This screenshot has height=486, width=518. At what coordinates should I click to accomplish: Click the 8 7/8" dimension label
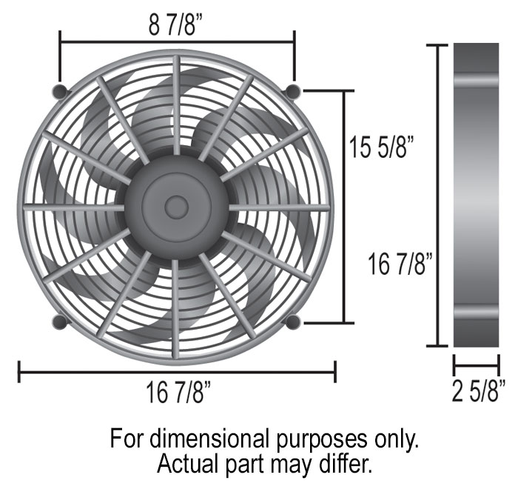coord(175,25)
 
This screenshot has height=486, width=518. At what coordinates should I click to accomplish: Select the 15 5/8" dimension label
coord(381,147)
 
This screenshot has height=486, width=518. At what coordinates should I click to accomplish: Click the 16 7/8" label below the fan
coord(178,393)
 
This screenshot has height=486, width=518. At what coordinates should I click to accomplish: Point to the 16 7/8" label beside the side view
coord(400,264)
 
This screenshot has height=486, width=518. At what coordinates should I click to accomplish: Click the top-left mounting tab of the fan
coord(61,91)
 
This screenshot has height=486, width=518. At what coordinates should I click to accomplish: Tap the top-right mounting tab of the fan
coord(293,90)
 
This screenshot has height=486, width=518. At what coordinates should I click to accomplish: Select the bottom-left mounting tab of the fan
coord(61,322)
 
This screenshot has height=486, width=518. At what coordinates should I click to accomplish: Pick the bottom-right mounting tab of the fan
coord(293,322)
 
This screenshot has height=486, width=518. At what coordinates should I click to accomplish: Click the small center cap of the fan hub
coord(176,207)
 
